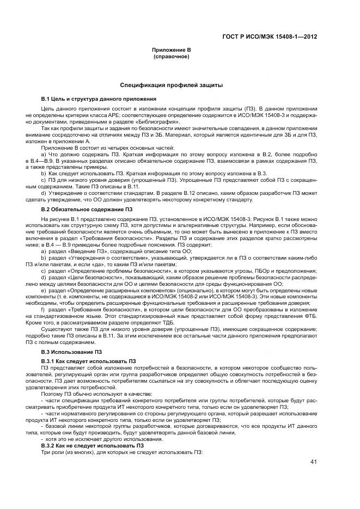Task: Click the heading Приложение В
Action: (171, 50)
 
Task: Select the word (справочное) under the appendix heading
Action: (171, 56)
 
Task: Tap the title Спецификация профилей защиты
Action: (171, 85)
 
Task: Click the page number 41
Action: (313, 462)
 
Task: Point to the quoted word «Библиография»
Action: (138, 123)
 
